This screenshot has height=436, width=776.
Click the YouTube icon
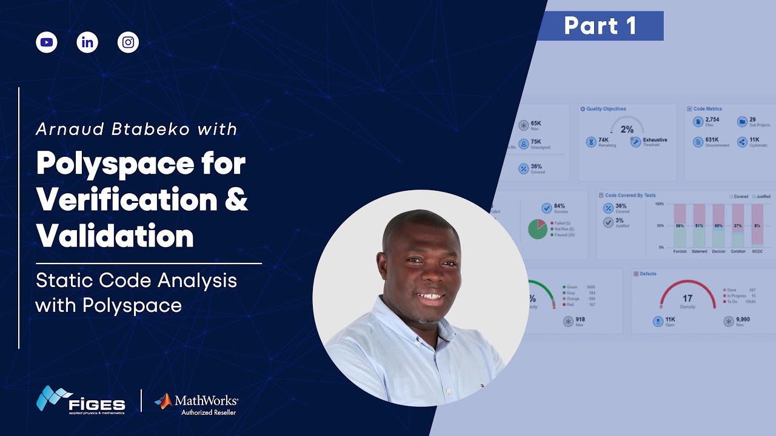pyautogui.click(x=47, y=42)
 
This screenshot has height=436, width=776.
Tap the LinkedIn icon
pyautogui.click(x=87, y=42)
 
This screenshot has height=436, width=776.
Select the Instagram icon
pyautogui.click(x=128, y=42)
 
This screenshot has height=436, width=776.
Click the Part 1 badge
pyautogui.click(x=600, y=26)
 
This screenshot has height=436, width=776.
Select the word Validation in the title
pyautogui.click(x=115, y=236)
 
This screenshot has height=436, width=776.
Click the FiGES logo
pyautogui.click(x=81, y=400)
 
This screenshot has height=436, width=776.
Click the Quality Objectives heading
pyautogui.click(x=606, y=109)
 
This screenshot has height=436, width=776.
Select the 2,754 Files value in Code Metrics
pyautogui.click(x=712, y=120)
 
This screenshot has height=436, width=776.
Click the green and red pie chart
pyautogui.click(x=537, y=229)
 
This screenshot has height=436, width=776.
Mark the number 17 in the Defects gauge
pyautogui.click(x=687, y=299)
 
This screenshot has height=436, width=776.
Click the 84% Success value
pyautogui.click(x=559, y=206)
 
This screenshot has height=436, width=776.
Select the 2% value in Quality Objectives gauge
pyautogui.click(x=627, y=129)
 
